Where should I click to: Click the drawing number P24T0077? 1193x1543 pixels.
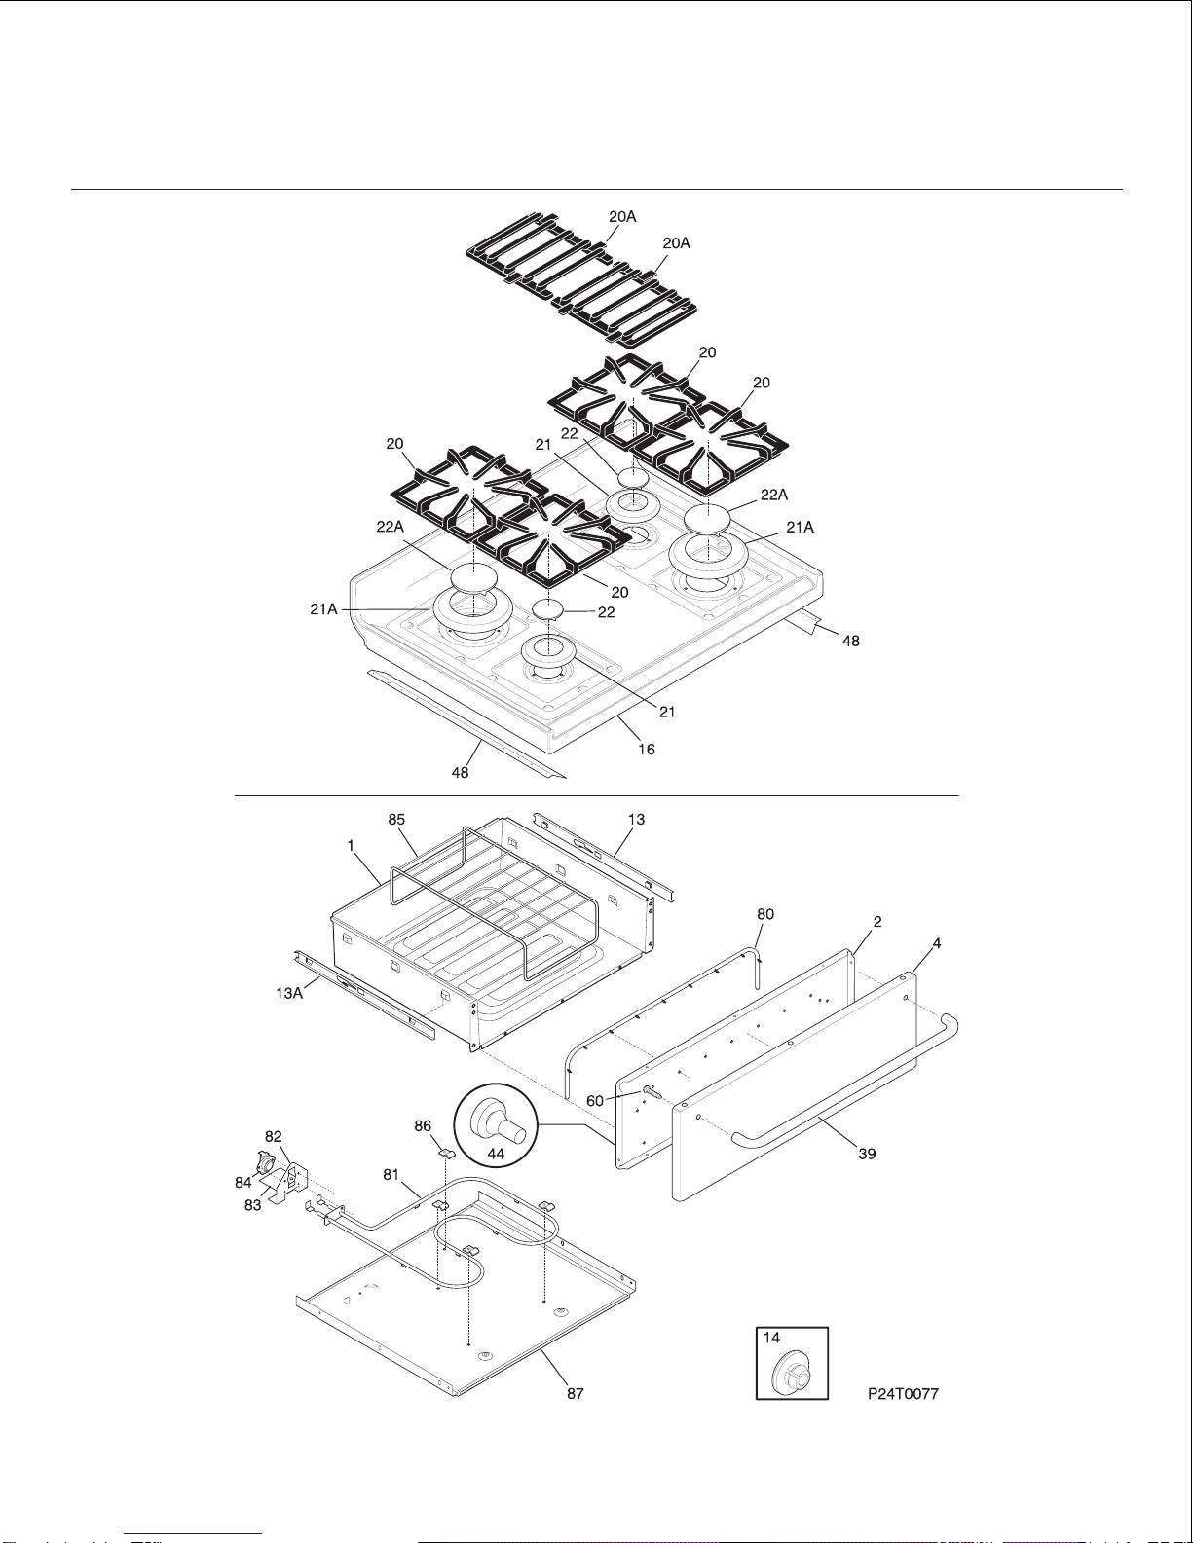click(903, 1393)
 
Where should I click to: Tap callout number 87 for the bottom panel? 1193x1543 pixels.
click(576, 1393)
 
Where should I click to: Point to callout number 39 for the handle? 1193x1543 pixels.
click(867, 1154)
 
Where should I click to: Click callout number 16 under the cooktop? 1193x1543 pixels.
click(647, 749)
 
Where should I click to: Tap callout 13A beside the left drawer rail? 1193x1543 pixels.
click(289, 994)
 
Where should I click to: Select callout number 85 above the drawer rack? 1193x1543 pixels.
click(396, 820)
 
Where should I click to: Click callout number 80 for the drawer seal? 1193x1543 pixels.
click(766, 914)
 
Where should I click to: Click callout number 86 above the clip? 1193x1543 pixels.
click(423, 1125)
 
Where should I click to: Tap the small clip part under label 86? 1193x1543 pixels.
click(447, 1152)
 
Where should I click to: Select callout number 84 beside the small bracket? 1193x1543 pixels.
click(242, 1183)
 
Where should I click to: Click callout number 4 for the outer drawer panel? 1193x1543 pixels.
click(937, 943)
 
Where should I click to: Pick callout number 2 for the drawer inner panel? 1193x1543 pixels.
click(877, 921)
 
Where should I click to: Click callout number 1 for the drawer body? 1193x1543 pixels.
click(351, 847)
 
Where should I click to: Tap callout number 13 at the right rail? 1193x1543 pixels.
click(636, 820)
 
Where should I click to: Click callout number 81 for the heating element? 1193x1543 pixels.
click(391, 1175)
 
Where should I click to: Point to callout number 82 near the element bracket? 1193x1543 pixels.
click(274, 1136)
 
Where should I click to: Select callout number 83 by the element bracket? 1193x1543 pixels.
click(252, 1205)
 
